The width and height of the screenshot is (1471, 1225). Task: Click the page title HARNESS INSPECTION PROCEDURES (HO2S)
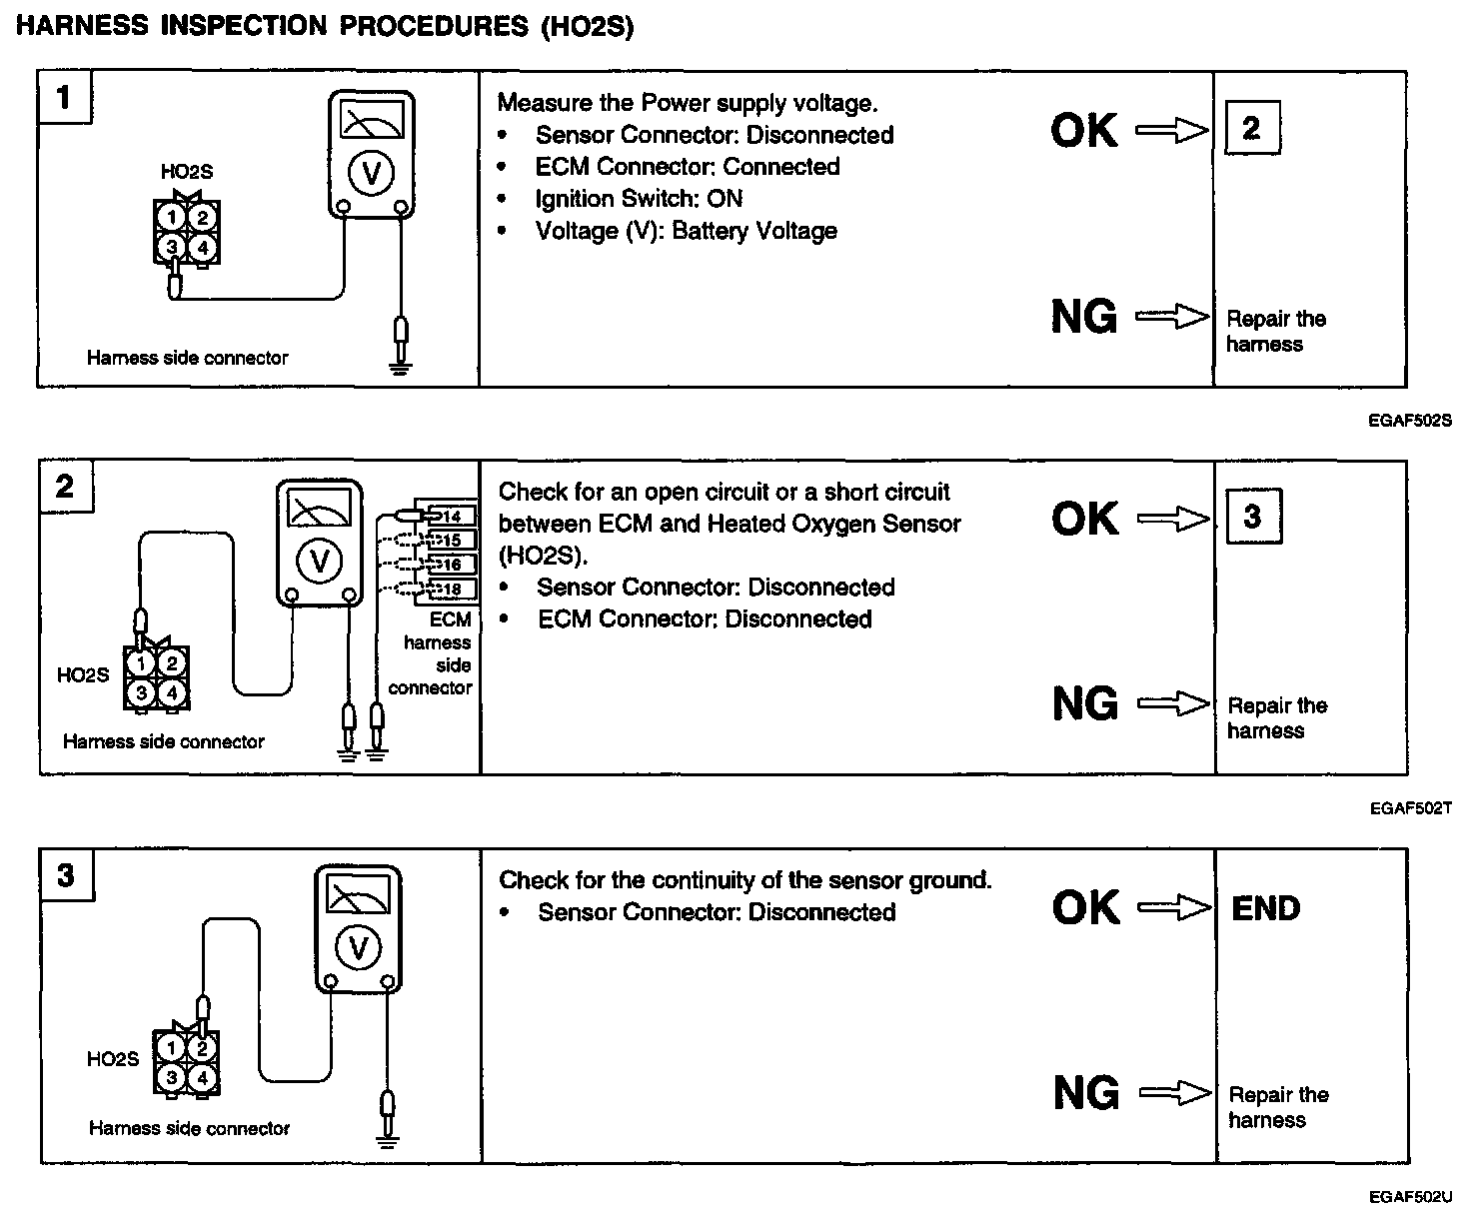coord(325,26)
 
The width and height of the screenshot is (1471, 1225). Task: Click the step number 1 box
coord(65,98)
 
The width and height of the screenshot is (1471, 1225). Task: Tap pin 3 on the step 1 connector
coord(173,246)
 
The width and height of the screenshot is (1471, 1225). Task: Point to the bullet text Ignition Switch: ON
coord(639,199)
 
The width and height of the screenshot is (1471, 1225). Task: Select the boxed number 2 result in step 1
coord(1251,128)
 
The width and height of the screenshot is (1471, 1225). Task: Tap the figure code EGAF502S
coord(1410,421)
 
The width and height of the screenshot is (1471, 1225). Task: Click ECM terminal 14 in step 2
coord(451,516)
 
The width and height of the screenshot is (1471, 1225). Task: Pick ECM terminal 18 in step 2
coord(451,590)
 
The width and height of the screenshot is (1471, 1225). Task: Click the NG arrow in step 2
coord(1174,704)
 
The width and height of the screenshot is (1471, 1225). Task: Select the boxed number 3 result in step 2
coord(1252,517)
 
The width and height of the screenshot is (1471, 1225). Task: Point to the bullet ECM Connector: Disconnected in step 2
coord(705,619)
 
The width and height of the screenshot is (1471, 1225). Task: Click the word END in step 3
coord(1266,908)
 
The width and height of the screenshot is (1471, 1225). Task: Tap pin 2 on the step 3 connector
coord(202,1048)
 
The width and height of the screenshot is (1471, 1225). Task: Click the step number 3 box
coord(66,876)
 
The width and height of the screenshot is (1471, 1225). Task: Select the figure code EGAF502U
coord(1410,1197)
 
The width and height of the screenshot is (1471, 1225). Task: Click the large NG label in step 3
coord(1086,1092)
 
